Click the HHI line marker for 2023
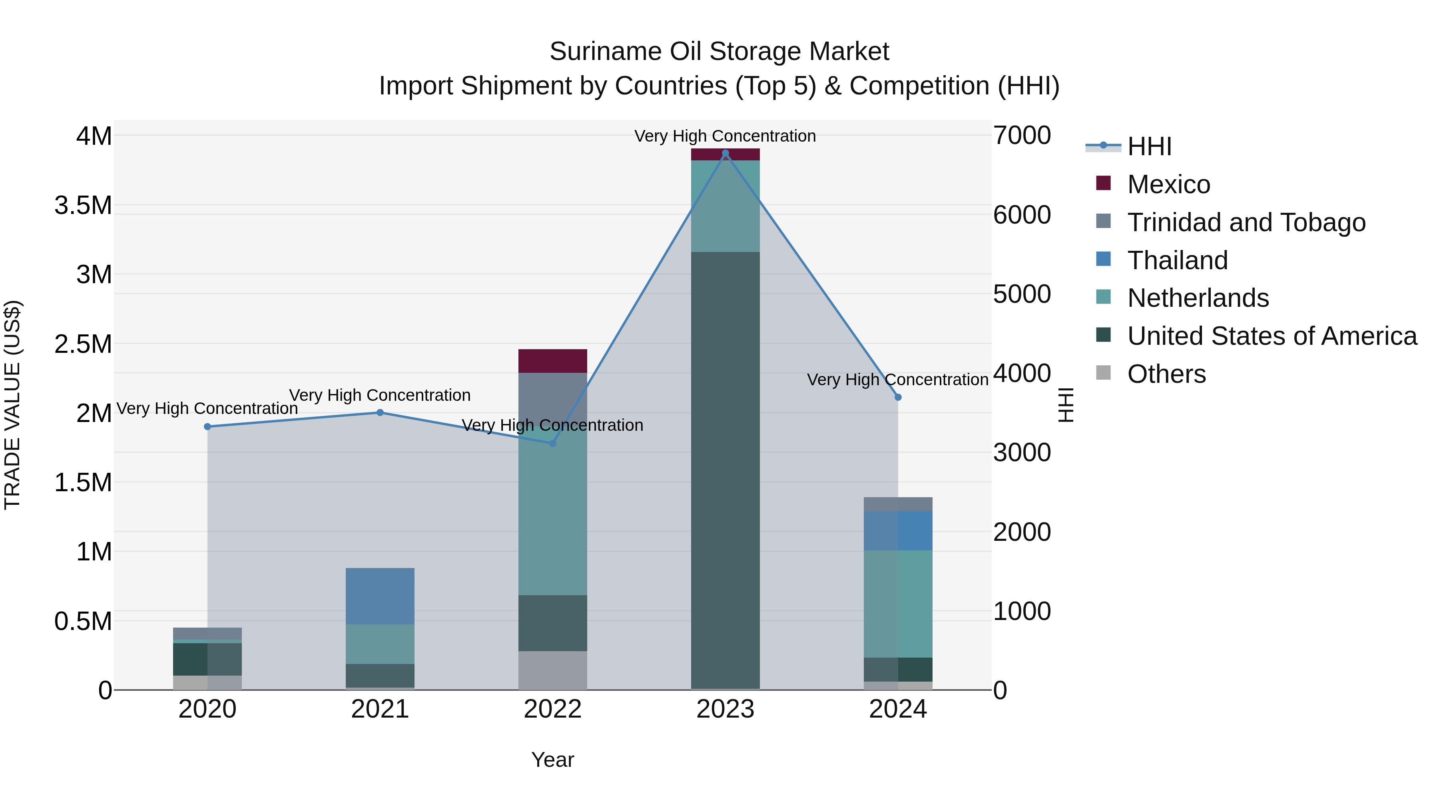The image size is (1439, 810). click(725, 153)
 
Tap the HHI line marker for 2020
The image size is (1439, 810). click(207, 426)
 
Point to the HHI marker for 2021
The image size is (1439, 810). click(380, 412)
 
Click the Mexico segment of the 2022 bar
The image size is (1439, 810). click(552, 361)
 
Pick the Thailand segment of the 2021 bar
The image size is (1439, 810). click(380, 596)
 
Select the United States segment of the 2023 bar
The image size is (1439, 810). click(725, 470)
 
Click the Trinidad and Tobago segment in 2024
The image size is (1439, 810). click(898, 504)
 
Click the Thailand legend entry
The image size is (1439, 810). click(1177, 260)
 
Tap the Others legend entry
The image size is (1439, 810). click(1166, 374)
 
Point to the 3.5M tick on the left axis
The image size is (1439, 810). click(83, 205)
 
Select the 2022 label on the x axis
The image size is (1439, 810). click(552, 709)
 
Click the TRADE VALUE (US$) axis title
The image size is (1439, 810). click(12, 405)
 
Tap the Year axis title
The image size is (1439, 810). click(552, 760)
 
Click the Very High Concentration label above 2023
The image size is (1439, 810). click(725, 136)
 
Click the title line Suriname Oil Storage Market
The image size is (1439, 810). click(719, 52)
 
